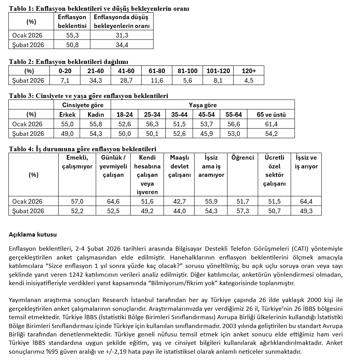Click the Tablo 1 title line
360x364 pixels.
[x=99, y=8]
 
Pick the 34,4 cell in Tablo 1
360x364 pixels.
[x=122, y=45]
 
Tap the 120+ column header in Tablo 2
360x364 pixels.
[x=249, y=71]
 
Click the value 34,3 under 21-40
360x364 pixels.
[x=96, y=80]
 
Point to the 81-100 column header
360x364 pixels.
[x=188, y=71]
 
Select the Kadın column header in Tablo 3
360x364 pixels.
[x=96, y=114]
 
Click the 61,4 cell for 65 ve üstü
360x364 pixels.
[x=272, y=124]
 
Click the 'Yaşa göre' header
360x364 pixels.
[x=203, y=105]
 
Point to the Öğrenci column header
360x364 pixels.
[x=242, y=158]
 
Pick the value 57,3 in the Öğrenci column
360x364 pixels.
[x=243, y=211]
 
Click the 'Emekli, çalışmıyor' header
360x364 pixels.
[x=77, y=162]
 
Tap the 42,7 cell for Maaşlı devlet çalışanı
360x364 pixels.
[x=180, y=201]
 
